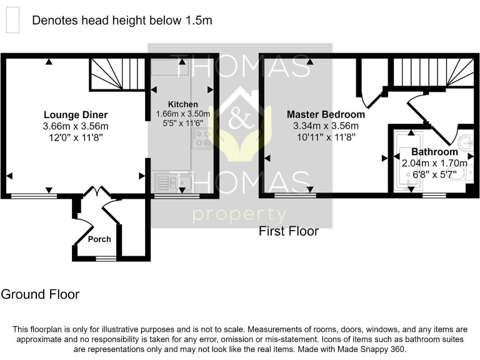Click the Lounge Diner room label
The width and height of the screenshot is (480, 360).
(75, 114)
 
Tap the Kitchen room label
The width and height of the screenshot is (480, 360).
(182, 104)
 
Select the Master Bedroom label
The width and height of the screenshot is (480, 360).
(326, 114)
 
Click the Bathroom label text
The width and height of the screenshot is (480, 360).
(434, 152)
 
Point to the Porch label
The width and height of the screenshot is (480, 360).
(99, 239)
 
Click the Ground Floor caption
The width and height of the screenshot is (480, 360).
(40, 294)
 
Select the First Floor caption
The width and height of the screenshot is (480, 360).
(289, 231)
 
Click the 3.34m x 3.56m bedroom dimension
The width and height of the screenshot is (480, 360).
(326, 126)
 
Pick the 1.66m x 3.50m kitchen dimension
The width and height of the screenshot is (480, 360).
(182, 114)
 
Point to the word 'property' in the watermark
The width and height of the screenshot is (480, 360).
(239, 214)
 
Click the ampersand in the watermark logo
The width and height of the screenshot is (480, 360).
(239, 121)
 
